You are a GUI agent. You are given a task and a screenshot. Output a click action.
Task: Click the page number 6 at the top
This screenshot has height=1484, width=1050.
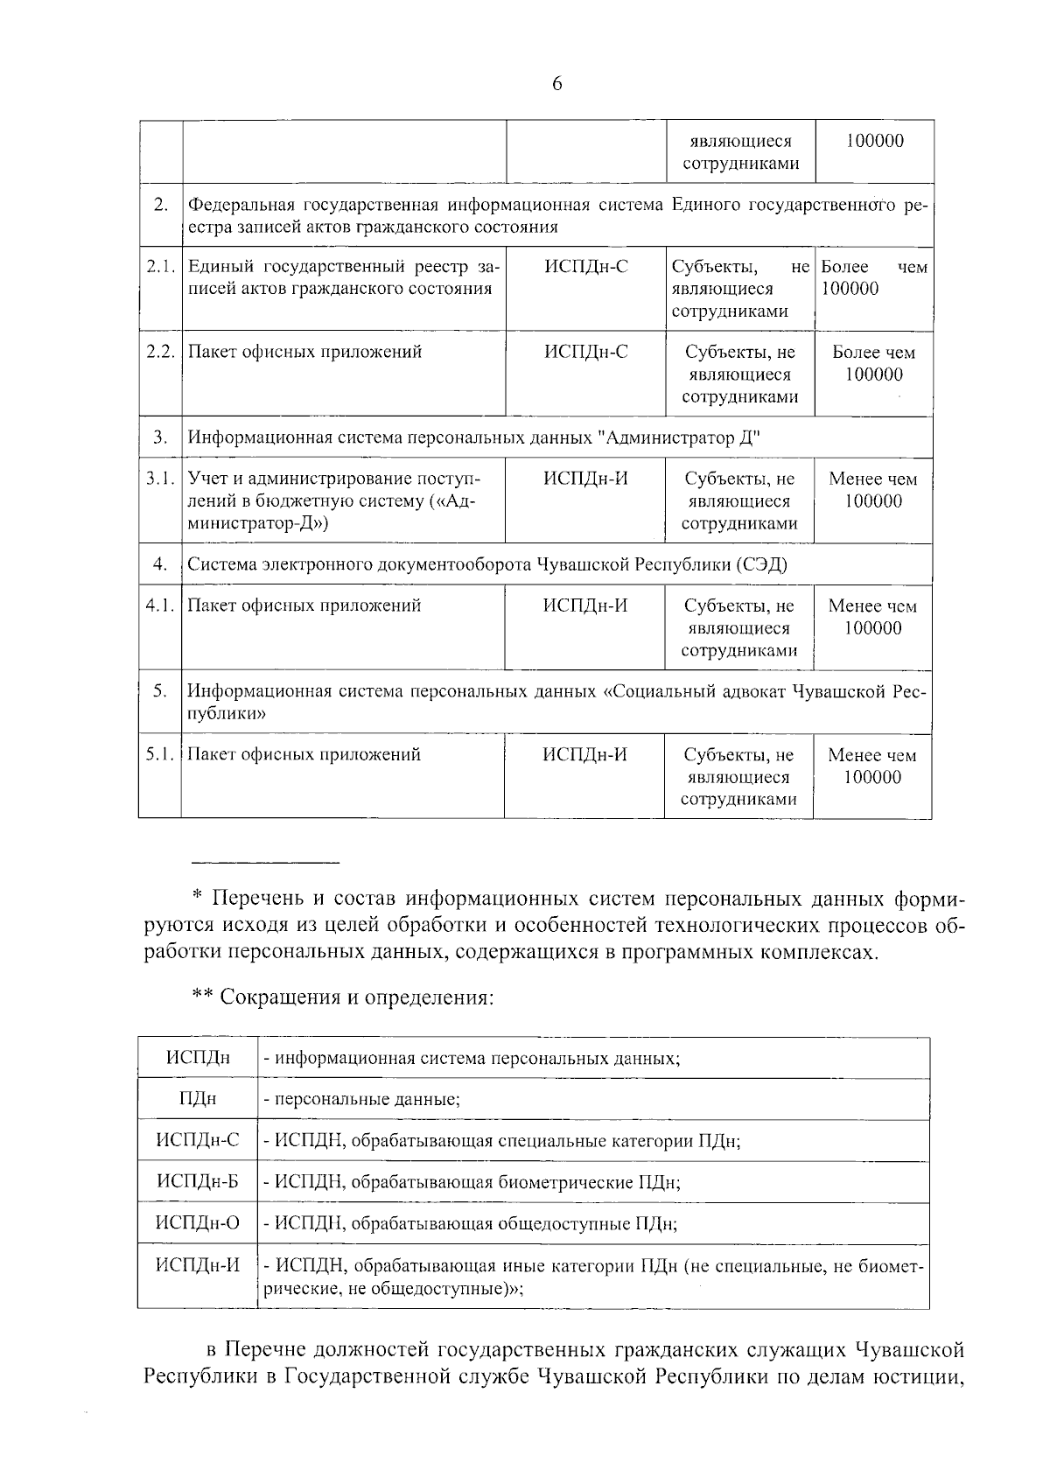(557, 84)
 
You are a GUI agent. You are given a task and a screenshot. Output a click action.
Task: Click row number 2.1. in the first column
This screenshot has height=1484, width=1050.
(161, 267)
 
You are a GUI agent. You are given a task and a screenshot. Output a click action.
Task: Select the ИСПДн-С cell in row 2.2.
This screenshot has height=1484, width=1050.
(585, 352)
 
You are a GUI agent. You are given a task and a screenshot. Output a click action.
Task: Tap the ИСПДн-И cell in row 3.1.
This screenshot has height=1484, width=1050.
(585, 479)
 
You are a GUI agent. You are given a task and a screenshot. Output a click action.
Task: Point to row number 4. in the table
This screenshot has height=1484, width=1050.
(160, 564)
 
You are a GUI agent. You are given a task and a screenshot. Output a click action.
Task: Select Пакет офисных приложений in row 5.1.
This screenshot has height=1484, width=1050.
(304, 754)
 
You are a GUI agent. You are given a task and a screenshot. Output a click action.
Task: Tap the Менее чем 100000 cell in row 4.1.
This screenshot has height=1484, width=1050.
(872, 617)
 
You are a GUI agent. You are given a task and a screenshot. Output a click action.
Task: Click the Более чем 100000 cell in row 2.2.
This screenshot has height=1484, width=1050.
(873, 363)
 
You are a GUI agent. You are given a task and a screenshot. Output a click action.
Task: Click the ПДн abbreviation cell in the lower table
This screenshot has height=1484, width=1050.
(198, 1099)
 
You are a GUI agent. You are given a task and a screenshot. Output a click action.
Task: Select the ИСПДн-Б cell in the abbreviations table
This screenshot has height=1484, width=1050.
(198, 1182)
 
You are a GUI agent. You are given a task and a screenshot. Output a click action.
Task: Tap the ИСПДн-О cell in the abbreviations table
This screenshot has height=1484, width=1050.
(198, 1223)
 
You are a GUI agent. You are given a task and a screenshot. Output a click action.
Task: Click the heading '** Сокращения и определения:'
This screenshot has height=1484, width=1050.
(343, 997)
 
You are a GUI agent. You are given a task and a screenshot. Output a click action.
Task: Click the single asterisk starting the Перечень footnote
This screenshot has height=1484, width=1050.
(197, 896)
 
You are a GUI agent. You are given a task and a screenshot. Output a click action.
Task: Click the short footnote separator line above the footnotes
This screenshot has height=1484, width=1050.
(265, 863)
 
